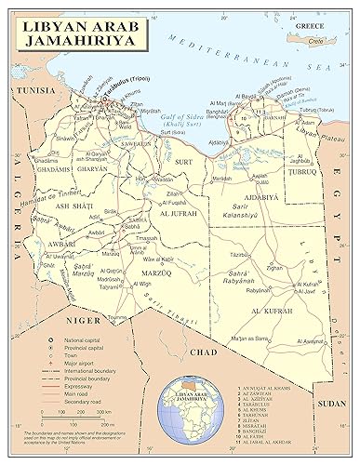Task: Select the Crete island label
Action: pos(315,41)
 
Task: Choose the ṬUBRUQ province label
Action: pos(304,171)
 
